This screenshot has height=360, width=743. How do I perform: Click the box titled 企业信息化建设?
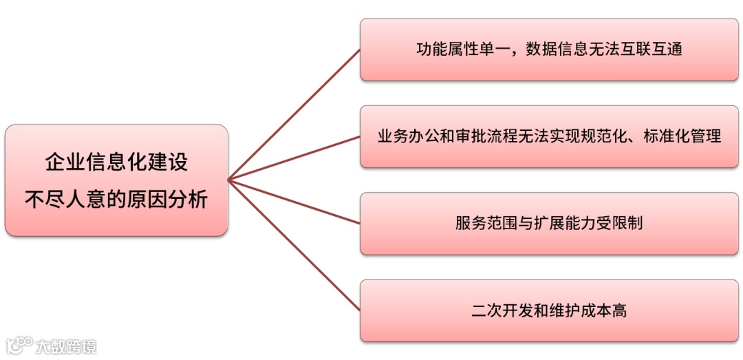click(x=116, y=180)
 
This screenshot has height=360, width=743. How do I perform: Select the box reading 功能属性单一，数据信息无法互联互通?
click(x=549, y=50)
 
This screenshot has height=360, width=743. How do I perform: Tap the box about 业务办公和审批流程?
click(x=549, y=136)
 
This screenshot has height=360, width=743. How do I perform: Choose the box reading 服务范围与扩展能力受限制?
click(x=549, y=224)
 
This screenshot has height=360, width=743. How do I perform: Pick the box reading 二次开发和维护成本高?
click(x=549, y=310)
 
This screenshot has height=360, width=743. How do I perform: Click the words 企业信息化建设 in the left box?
click(x=116, y=162)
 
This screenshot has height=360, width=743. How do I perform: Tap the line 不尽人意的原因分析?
click(x=116, y=200)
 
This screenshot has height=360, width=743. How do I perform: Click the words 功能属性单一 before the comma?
click(x=457, y=50)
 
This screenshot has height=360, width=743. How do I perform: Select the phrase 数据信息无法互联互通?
click(x=604, y=50)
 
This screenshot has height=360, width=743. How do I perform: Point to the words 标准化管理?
click(x=682, y=136)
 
